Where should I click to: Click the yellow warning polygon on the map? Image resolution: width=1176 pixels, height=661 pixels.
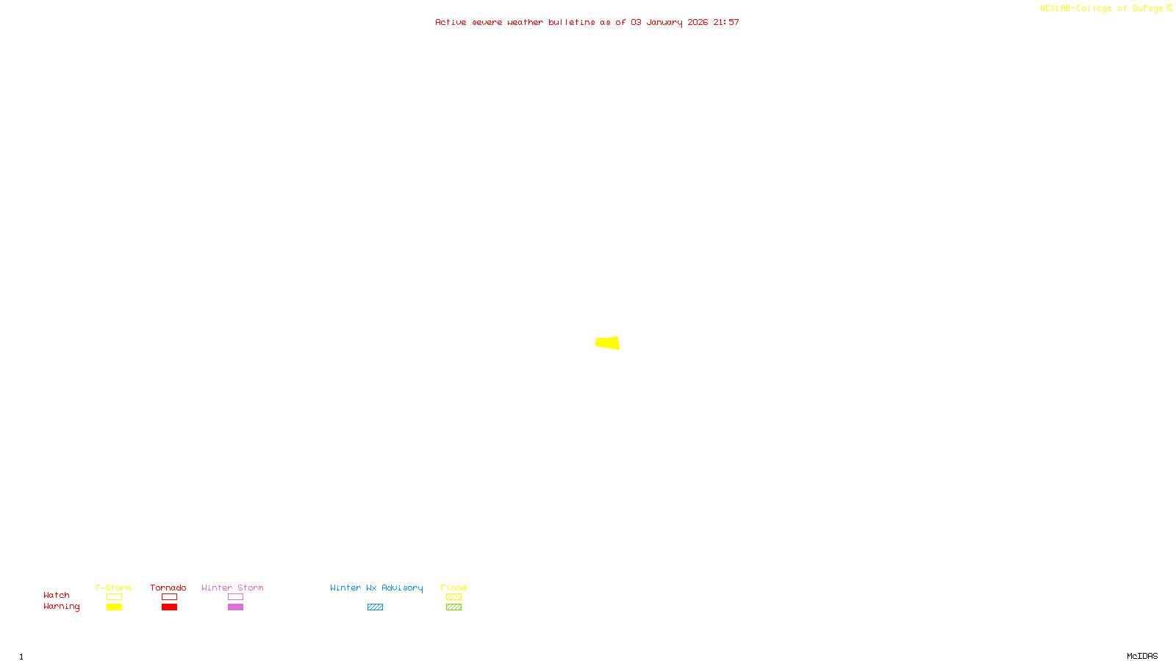[608, 342]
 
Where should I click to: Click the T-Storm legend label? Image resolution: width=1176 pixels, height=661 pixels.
[113, 588]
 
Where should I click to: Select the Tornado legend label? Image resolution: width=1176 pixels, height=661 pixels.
[168, 588]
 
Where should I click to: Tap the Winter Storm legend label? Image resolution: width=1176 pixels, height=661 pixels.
[232, 588]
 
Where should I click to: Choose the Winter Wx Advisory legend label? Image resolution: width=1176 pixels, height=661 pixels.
[376, 588]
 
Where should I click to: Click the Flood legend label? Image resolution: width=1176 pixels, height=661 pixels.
[453, 588]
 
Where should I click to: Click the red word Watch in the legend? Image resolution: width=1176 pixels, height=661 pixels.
[57, 595]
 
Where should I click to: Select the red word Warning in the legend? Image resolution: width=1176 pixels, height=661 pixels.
[62, 607]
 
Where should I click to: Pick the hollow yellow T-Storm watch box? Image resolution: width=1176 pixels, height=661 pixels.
[114, 597]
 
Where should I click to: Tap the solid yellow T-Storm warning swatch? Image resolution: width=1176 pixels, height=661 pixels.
[114, 607]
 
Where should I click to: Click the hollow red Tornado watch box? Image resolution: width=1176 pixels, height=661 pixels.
[169, 597]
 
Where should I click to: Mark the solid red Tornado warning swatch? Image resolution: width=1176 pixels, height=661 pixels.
[169, 607]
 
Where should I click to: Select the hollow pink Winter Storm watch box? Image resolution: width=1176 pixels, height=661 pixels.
[235, 597]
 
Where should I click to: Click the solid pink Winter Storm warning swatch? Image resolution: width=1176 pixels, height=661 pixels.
[235, 607]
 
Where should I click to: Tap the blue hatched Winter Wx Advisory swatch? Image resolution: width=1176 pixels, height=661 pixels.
[375, 607]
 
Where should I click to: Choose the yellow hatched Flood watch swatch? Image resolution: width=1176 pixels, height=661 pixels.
[453, 597]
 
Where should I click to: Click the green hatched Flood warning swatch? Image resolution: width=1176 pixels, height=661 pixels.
[453, 607]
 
